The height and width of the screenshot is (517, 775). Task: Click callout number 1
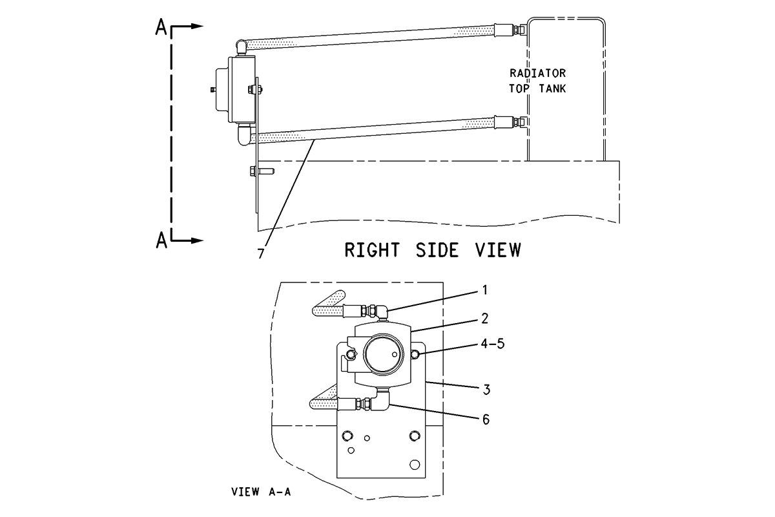click(485, 290)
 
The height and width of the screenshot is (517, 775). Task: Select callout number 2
click(485, 319)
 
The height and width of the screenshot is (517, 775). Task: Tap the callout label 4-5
click(493, 344)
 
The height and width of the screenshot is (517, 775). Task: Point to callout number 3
click(486, 390)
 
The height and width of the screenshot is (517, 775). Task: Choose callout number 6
click(486, 419)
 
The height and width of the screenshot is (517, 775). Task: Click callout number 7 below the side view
click(260, 254)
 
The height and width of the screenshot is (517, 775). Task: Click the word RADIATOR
click(537, 74)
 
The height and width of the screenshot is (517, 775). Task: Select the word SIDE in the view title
click(437, 250)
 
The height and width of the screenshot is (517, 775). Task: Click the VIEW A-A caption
click(261, 492)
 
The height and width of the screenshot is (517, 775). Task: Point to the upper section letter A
click(161, 27)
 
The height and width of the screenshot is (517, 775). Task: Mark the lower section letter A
click(161, 240)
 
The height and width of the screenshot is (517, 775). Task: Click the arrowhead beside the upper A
click(196, 26)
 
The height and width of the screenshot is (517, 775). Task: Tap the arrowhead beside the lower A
click(196, 240)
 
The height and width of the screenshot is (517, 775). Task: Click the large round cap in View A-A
click(384, 354)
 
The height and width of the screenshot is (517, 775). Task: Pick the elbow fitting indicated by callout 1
click(382, 311)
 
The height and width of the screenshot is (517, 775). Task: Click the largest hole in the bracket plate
click(415, 465)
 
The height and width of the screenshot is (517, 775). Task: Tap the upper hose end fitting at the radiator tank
click(510, 30)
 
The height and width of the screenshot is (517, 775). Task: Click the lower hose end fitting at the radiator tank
click(510, 122)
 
